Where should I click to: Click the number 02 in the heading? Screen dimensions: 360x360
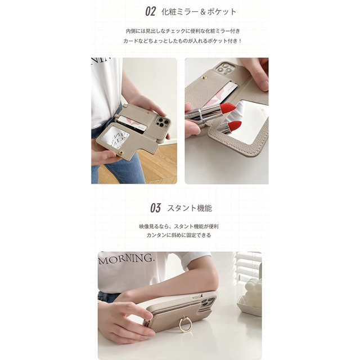point(150,11)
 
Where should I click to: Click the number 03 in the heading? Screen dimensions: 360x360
point(155,208)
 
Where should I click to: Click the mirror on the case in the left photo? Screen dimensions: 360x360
point(119,138)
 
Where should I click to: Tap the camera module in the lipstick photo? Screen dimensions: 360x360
point(227,69)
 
